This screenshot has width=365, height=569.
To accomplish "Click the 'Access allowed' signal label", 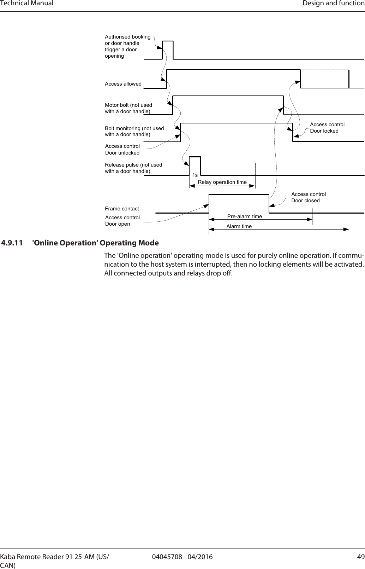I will click(123, 84).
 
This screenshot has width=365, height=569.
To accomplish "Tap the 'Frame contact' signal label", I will click(122, 209).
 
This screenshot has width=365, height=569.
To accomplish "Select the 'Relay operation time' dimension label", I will click(222, 182).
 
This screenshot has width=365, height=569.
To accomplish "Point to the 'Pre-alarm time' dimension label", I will click(245, 216).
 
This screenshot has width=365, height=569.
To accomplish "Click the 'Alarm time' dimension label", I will click(239, 226).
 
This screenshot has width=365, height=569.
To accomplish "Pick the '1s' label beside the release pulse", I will click(195, 175).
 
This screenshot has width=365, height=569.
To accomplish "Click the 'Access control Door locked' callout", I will click(327, 128).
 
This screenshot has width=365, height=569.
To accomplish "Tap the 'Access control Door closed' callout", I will click(308, 197).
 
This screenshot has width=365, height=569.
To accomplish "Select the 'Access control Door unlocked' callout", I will click(122, 150).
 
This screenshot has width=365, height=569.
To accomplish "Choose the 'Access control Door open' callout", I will click(122, 221).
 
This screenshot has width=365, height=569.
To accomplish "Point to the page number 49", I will click(360, 557).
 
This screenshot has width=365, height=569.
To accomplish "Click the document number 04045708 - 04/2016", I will click(182, 557).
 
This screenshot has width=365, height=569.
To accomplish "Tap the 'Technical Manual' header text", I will click(27, 4).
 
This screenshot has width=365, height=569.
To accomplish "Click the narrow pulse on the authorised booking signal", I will click(168, 50).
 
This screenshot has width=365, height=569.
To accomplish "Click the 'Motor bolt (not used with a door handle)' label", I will click(128, 108).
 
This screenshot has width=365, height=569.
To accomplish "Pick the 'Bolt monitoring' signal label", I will click(134, 131).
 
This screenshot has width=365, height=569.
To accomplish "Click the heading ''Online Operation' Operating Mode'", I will click(95, 243).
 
